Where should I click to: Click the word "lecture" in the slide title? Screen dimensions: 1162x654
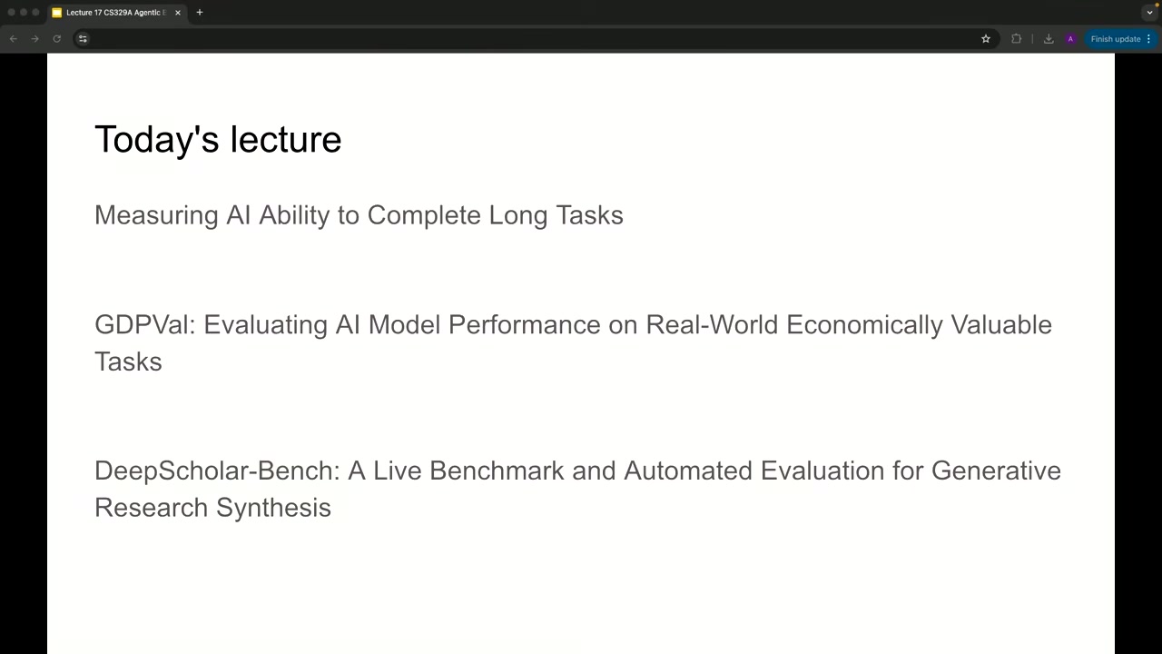tap(286, 139)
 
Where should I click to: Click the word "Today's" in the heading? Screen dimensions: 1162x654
tap(157, 139)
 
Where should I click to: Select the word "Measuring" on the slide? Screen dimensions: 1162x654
tap(156, 215)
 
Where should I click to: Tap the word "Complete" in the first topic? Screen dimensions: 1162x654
tap(424, 215)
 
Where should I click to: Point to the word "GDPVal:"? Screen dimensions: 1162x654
tap(144, 325)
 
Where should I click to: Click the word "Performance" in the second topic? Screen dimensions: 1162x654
tap(525, 325)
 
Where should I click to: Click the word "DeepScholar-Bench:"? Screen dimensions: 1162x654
tap(217, 471)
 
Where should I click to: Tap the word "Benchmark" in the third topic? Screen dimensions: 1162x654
tap(497, 471)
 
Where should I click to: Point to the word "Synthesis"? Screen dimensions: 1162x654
tap(273, 508)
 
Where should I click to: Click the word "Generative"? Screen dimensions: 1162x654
tap(996, 471)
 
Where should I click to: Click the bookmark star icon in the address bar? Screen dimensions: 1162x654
tap(986, 39)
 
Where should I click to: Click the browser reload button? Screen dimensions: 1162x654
tap(57, 39)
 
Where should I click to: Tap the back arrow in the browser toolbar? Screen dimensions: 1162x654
tap(14, 39)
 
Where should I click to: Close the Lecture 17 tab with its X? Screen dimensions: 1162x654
tap(178, 13)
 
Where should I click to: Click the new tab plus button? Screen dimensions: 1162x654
tap(200, 13)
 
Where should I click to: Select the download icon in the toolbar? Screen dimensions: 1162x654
tap(1049, 39)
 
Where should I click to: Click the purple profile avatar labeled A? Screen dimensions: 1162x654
tap(1070, 39)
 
